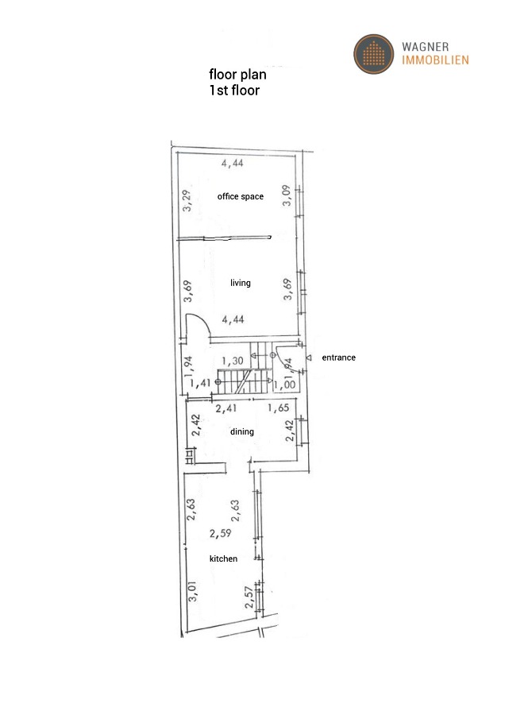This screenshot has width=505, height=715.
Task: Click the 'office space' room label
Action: point(240,196)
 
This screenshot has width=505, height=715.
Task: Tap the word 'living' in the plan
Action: point(240,283)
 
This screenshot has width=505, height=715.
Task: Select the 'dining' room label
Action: point(242,432)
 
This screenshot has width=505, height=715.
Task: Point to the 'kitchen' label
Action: point(223,559)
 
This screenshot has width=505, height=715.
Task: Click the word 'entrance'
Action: point(338,357)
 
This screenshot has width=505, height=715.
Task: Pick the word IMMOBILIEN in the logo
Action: point(436,60)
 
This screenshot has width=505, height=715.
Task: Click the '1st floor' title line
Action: point(234,90)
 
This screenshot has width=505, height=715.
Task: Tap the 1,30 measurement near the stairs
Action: point(232,361)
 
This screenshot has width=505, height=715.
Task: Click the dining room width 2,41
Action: point(227,409)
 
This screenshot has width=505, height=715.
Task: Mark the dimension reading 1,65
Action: point(278,409)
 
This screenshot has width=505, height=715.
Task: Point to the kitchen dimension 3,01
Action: point(192,593)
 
